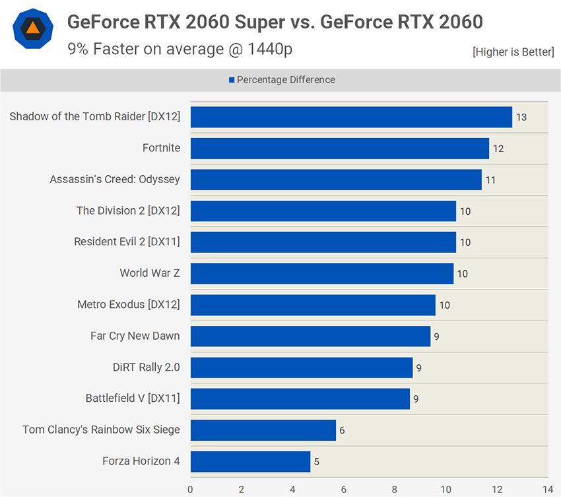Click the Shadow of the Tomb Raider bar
point(351,117)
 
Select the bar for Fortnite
point(340,148)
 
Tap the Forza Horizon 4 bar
point(250,461)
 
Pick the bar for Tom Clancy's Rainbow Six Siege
point(263,430)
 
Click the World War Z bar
point(322,274)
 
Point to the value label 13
point(521,118)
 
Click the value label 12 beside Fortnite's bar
point(498,149)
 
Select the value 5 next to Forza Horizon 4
point(317,462)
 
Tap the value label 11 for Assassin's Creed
point(490,180)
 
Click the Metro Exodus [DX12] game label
point(129,305)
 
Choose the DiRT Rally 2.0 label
point(147,367)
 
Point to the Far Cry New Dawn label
point(135,336)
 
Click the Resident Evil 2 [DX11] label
point(127,242)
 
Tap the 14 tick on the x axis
point(547,489)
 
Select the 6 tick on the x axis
point(344,489)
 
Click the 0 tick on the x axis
point(191,489)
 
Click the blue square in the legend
point(232,80)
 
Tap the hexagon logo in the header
point(31,29)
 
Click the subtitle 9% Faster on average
point(180,48)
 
